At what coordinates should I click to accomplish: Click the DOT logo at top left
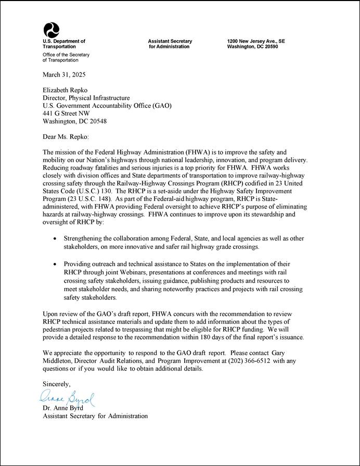tap(51, 30)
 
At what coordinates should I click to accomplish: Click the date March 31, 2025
tap(64, 75)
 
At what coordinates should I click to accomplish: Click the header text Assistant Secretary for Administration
tap(170, 44)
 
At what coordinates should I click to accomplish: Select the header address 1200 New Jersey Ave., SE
tap(256, 41)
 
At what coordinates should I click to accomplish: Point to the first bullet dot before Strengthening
tap(56, 239)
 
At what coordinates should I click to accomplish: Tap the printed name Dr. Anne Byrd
tap(62, 408)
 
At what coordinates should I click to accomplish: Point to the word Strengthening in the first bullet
tap(83, 238)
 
